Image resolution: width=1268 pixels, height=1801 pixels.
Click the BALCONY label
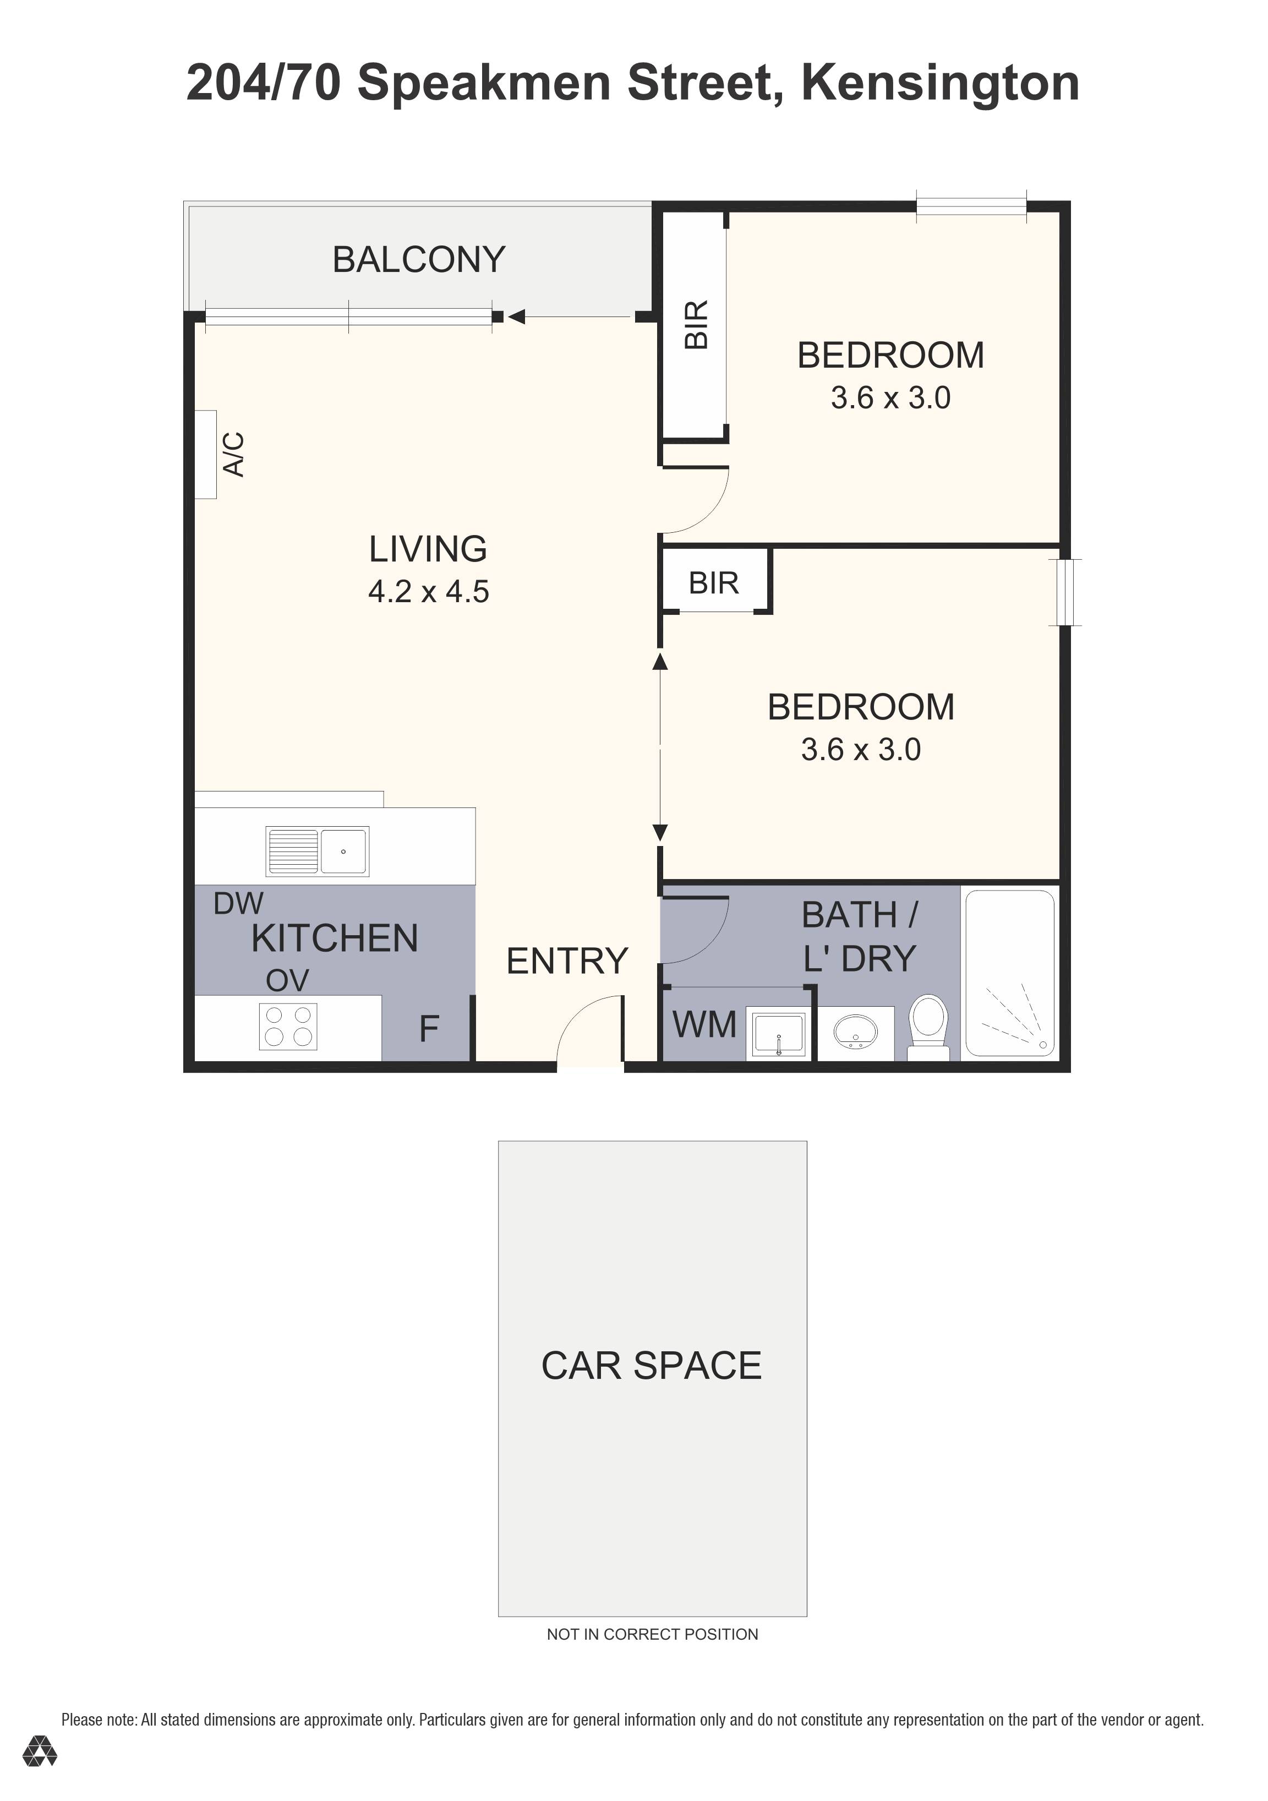pyautogui.click(x=419, y=260)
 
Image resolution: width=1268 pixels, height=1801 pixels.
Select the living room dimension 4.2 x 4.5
pyautogui.click(x=428, y=592)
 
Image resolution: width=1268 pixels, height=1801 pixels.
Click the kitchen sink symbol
pyautogui.click(x=318, y=851)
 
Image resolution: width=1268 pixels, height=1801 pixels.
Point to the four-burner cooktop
pyautogui.click(x=288, y=1026)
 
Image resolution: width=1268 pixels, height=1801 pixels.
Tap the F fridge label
pyautogui.click(x=428, y=1028)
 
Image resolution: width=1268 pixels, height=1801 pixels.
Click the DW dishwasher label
pyautogui.click(x=238, y=904)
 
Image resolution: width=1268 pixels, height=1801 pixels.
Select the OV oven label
pyautogui.click(x=287, y=980)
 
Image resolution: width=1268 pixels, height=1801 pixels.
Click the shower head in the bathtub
pyautogui.click(x=1043, y=1045)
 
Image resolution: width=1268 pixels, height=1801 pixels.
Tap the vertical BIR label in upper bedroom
pyautogui.click(x=696, y=324)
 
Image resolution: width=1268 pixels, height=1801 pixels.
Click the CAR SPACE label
pyautogui.click(x=651, y=1366)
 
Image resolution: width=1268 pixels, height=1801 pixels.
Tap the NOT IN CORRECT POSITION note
pyautogui.click(x=652, y=1634)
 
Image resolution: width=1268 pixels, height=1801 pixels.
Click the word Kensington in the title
pyautogui.click(x=939, y=83)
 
